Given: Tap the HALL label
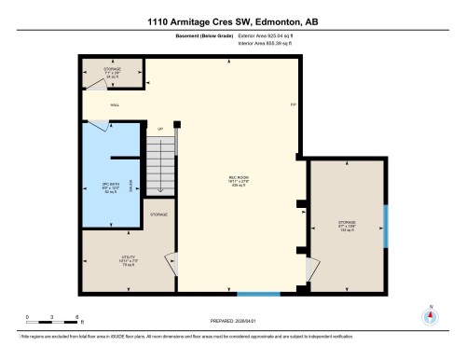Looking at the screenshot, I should pyautogui.click(x=89, y=105).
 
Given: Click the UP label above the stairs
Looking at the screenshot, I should pyautogui.click(x=159, y=129).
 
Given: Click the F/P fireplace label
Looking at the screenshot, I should pyautogui.click(x=292, y=104).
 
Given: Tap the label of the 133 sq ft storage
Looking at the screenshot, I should pyautogui.click(x=347, y=225).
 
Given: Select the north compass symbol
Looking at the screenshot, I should pyautogui.click(x=430, y=315).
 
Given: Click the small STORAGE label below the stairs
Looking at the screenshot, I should pyautogui.click(x=158, y=215).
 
